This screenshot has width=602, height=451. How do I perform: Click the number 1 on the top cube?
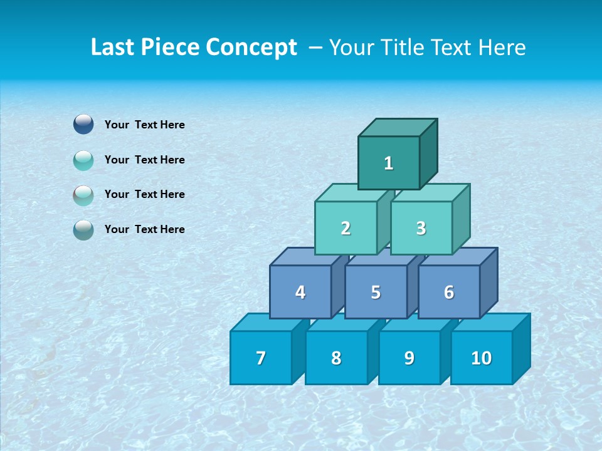pos(389,163)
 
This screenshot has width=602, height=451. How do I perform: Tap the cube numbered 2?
pos(346,229)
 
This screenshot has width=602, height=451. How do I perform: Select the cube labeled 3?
pos(421,229)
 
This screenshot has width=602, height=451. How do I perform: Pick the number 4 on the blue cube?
pos(300,293)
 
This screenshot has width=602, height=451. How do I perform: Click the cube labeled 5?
pos(376,293)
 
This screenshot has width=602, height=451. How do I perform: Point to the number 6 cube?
pos(449,293)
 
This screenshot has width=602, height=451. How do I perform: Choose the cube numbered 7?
pos(261,358)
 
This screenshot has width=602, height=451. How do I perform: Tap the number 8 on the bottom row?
pos(336,358)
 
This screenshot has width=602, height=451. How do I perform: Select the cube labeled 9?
pos(409,358)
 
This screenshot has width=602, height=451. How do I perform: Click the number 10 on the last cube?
pos(481,358)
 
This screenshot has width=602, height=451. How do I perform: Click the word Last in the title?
pos(113,48)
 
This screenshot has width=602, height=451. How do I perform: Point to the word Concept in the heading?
pos(252,48)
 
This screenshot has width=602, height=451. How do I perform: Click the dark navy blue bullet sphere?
pos(83,124)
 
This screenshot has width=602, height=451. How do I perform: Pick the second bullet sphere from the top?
pos(83,160)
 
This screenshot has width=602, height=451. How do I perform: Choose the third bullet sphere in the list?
pos(83,195)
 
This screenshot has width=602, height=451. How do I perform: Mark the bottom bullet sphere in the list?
pos(83,230)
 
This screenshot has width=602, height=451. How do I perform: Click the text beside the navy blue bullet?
pos(145,125)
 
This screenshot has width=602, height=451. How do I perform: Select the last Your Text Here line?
pos(145,229)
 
